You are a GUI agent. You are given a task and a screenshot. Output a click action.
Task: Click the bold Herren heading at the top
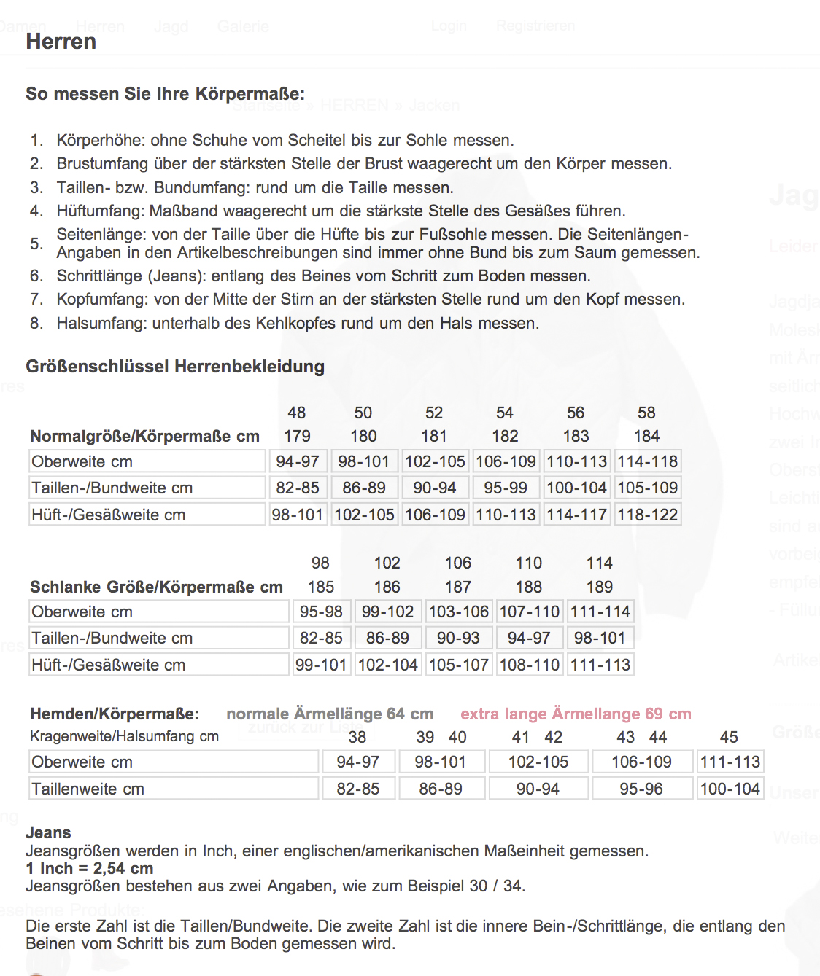61,42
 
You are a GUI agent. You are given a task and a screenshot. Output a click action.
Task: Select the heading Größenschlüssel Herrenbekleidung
175,367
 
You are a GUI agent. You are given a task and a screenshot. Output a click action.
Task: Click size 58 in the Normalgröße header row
646,413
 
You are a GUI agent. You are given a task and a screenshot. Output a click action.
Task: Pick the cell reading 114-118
648,461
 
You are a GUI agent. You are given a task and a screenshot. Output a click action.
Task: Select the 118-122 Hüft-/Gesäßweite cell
648,515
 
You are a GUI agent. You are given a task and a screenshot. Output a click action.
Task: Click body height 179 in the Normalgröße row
297,436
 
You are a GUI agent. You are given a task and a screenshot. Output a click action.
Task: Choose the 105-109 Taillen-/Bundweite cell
648,488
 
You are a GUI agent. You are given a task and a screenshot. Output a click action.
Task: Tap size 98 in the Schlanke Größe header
320,563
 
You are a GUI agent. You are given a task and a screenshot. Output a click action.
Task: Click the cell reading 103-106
458,612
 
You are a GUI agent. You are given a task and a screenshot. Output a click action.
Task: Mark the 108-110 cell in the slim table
529,665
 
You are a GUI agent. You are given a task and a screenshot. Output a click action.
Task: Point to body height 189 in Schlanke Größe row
600,587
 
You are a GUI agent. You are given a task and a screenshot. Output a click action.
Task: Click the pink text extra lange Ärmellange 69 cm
576,714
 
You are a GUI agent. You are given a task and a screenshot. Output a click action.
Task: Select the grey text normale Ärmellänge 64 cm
330,714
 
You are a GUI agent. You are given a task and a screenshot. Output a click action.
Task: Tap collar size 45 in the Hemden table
729,737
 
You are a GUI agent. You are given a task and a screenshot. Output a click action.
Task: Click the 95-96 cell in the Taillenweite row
641,789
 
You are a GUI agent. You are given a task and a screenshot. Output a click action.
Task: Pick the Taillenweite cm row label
88,789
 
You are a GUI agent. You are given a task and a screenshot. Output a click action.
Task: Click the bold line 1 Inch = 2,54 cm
90,868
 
